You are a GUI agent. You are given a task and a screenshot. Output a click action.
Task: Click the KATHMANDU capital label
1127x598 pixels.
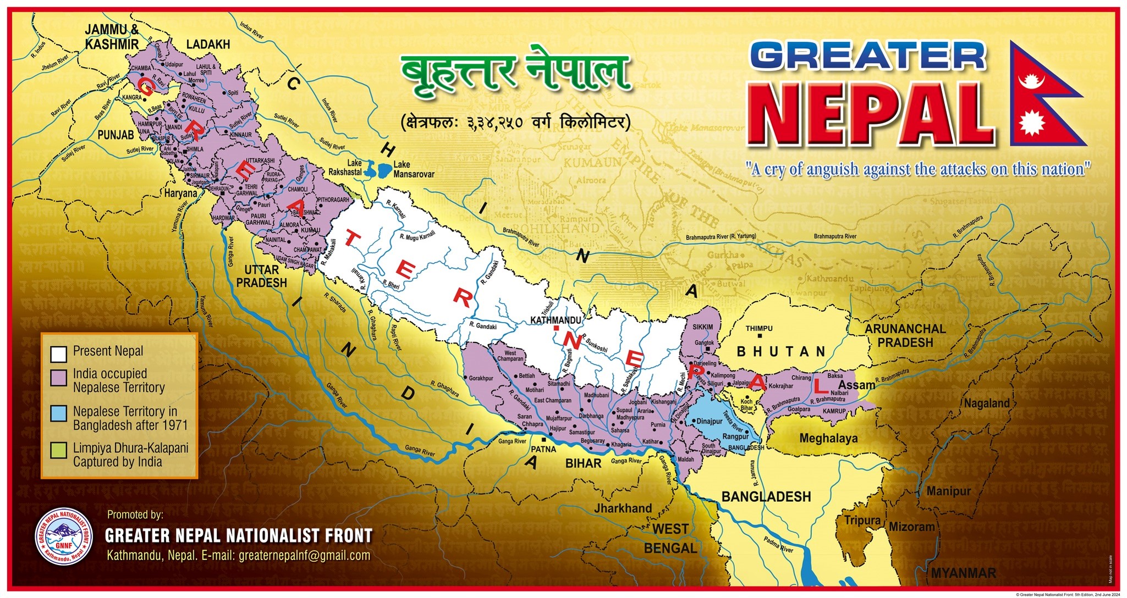point(556,320)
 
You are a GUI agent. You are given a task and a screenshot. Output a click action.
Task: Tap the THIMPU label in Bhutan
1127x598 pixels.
point(759,329)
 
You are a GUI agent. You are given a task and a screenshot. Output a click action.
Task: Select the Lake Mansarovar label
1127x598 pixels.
point(414,169)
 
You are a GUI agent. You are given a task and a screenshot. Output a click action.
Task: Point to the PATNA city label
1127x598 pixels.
point(543,449)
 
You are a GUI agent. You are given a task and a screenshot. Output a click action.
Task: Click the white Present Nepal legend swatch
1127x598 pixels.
point(58,353)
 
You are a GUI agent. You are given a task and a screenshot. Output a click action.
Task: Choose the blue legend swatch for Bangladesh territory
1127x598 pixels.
point(58,413)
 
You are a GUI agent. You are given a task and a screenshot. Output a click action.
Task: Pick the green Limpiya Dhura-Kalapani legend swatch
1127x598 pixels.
point(58,450)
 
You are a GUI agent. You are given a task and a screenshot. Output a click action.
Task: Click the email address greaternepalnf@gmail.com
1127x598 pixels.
point(304,555)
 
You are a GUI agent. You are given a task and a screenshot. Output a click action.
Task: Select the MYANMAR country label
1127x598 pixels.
point(963,573)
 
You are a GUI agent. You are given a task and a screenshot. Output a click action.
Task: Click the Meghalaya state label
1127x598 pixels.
point(828,439)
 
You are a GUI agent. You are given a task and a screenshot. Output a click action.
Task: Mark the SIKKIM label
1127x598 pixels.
point(702,327)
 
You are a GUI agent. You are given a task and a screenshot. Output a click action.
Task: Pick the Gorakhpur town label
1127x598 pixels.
point(481,379)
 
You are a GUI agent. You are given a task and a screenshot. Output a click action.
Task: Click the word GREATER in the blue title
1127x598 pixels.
point(867,57)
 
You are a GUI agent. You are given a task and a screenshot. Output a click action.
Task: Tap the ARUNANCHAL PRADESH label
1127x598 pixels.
point(905,336)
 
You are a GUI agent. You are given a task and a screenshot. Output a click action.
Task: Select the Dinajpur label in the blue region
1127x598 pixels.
point(710,422)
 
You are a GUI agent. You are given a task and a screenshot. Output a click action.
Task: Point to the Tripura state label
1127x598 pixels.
point(862,521)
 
